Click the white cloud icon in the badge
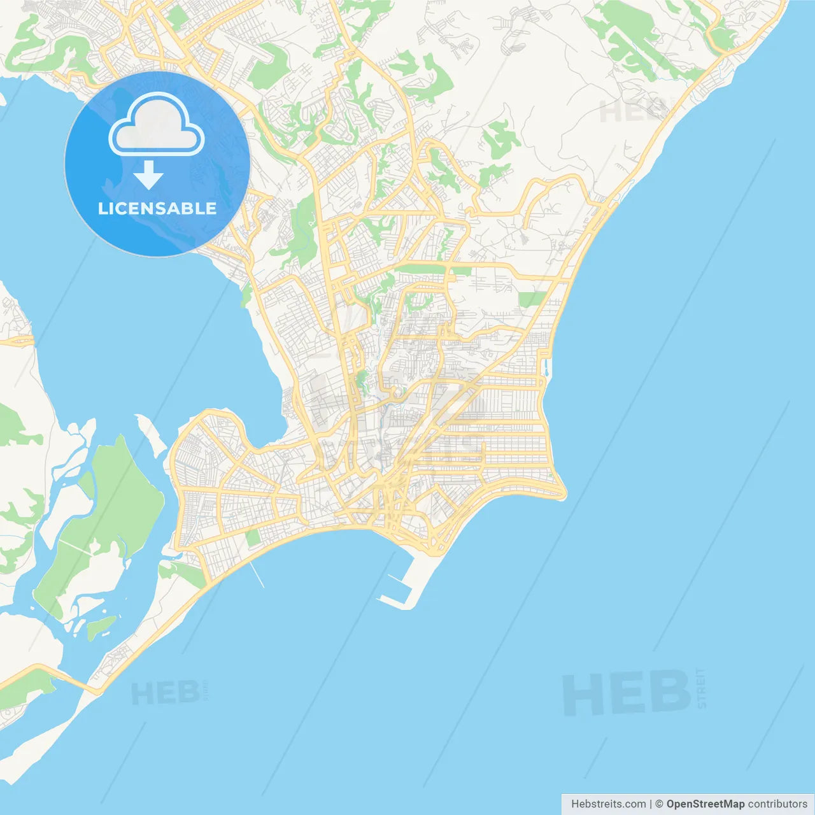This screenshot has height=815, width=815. tap(157, 125)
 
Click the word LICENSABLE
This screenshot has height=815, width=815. tap(157, 208)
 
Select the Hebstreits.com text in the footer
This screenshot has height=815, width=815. tap(608, 804)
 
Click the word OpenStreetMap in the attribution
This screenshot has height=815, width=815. tap(705, 804)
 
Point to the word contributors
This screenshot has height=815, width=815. tap(777, 804)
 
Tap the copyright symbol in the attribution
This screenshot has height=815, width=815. tap(660, 804)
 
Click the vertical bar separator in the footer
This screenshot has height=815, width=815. tap(651, 804)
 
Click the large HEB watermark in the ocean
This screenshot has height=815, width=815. tap(627, 692)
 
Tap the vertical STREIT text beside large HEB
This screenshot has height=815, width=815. tap(701, 688)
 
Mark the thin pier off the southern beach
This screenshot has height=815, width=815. tap(256, 572)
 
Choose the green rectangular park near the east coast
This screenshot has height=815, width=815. tap(531, 299)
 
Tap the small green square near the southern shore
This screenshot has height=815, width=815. tap(253, 538)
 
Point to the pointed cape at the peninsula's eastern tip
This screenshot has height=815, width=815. tap(563, 494)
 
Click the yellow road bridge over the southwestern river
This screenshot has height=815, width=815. tap(60, 676)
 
